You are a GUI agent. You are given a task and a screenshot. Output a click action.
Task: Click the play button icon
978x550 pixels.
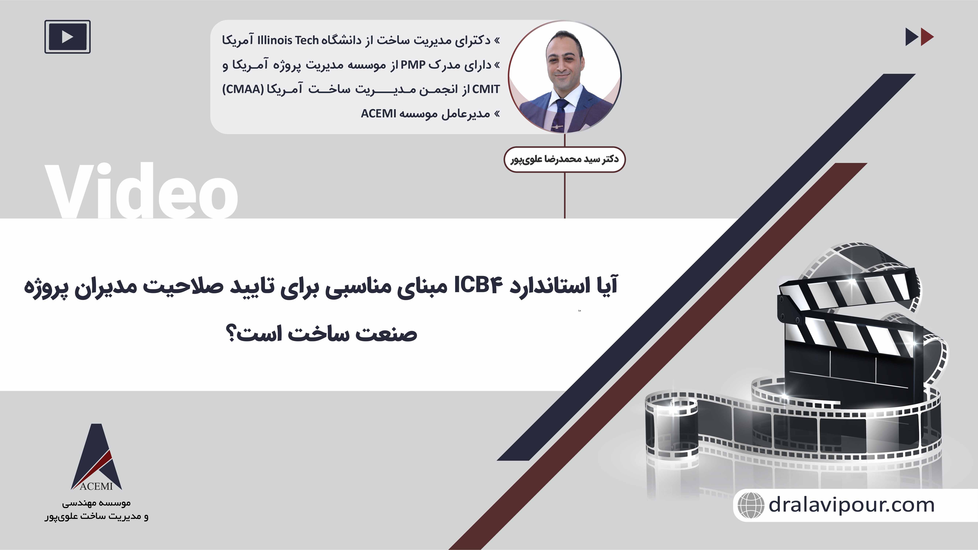68,37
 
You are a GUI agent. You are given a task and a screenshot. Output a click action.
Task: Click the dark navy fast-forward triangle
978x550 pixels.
912,37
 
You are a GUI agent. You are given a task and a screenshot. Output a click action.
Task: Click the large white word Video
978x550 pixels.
141,190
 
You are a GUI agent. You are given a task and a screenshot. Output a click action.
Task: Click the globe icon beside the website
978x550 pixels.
750,505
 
